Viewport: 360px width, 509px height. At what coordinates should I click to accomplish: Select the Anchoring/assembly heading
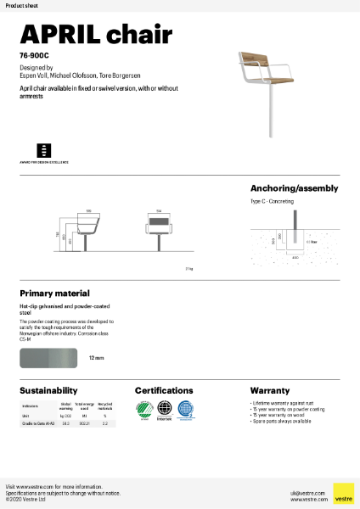pos(294,188)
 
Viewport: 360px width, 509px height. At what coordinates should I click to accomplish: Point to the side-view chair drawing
pos(88,229)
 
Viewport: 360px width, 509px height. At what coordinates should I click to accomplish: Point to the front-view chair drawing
pos(159,229)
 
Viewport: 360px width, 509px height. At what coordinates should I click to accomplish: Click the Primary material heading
pos(54,293)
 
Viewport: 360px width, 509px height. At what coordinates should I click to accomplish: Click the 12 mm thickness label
pos(96,358)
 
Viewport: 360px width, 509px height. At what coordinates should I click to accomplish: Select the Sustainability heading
pos(48,391)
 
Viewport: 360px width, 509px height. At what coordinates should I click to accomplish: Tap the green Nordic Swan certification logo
pos(144,410)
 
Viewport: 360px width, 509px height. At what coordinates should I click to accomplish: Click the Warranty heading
pos(269,391)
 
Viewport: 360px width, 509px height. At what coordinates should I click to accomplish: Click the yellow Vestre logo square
pos(343,493)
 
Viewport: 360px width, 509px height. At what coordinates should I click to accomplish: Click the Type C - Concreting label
pos(273,203)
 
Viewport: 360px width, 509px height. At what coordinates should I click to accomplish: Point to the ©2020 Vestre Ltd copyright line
pos(26,501)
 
